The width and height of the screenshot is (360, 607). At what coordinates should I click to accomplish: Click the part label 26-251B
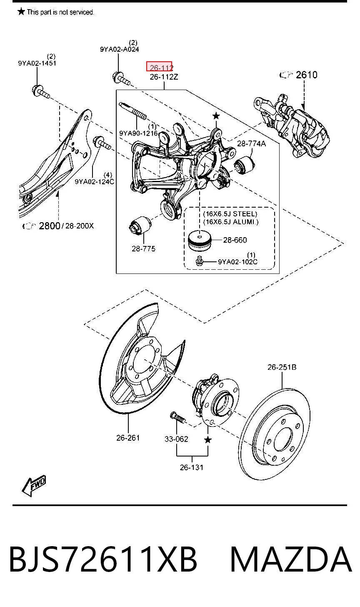[x=282, y=367]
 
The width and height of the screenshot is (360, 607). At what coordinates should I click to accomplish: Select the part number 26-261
[x=128, y=438]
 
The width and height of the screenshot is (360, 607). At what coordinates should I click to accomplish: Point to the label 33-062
[x=176, y=439]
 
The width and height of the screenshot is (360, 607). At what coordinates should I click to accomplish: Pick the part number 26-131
[x=192, y=467]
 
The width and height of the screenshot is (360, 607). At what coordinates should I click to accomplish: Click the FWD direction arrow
[x=34, y=486]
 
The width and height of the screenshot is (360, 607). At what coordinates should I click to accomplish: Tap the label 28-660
[x=235, y=240]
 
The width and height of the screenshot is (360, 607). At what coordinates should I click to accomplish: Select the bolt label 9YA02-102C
[x=237, y=262]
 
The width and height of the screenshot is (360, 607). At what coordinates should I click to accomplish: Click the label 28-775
[x=144, y=248]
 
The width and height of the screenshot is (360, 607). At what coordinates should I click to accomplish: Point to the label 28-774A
[x=251, y=143]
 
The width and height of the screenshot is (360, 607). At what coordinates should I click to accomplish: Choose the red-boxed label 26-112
[x=159, y=67]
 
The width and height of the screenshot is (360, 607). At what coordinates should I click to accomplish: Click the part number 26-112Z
[x=164, y=77]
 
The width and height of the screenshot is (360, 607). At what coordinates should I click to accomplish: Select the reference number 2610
[x=306, y=75]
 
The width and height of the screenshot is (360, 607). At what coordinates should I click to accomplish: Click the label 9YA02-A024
[x=120, y=49]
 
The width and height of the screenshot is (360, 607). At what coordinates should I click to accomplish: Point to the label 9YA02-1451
[x=37, y=63]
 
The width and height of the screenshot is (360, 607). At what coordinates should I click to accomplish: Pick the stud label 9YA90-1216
[x=138, y=133]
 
